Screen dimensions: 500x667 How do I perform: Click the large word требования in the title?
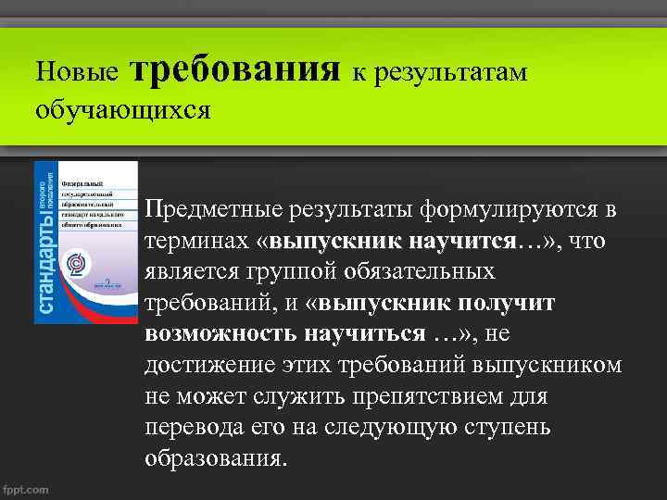pyautogui.click(x=236, y=69)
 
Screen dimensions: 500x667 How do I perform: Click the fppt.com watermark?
pyautogui.click(x=27, y=489)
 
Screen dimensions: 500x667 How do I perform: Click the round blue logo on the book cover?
pyautogui.click(x=76, y=265)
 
